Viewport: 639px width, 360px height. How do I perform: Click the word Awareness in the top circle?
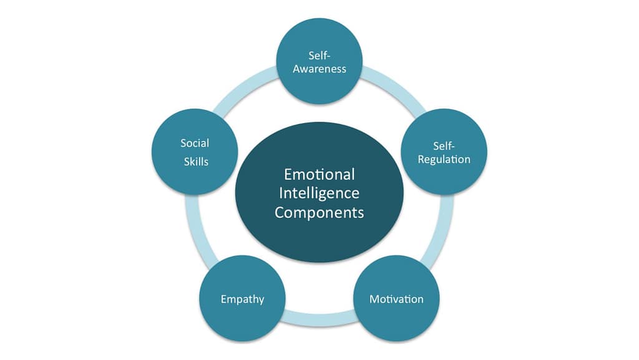319,69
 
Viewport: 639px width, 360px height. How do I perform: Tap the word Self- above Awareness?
319,56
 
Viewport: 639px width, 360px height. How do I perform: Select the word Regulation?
444,159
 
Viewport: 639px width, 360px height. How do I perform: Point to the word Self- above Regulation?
444,145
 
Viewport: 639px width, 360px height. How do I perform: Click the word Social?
195,143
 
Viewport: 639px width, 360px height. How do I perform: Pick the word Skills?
196,162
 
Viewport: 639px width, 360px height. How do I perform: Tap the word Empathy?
242,299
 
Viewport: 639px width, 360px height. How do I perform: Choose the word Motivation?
396,299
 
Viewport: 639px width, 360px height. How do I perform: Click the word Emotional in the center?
319,173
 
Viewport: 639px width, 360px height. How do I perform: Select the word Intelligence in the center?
319,193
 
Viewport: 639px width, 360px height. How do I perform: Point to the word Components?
319,212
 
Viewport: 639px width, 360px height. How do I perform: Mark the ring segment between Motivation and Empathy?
319,322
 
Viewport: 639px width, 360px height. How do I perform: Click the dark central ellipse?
319,237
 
